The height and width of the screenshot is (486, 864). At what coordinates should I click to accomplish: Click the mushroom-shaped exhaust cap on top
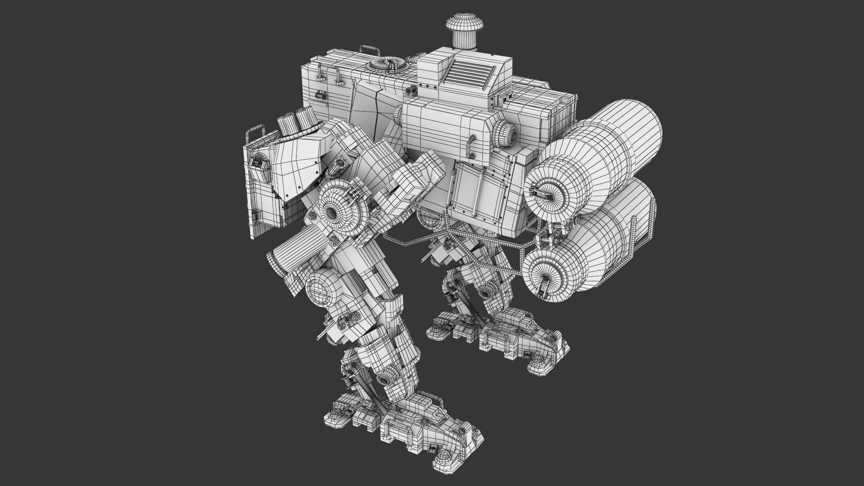tap(462, 28)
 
